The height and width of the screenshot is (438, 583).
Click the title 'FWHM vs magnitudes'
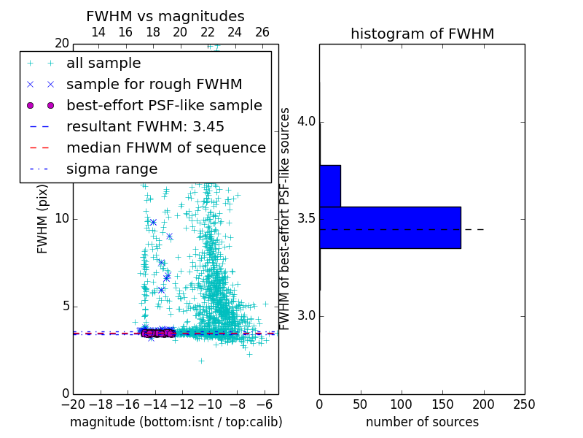(x=165, y=17)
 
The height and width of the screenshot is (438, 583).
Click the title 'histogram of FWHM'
(x=422, y=34)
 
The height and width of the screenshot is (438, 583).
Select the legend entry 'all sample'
(x=103, y=64)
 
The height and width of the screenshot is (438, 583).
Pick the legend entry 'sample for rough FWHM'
(x=154, y=85)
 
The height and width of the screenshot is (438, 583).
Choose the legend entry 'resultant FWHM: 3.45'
(x=145, y=126)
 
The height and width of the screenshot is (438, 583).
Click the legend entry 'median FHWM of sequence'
(x=165, y=147)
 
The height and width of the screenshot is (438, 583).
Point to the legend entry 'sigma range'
(x=111, y=169)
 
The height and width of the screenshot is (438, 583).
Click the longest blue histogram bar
(x=390, y=228)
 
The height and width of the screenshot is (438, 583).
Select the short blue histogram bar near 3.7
(x=330, y=185)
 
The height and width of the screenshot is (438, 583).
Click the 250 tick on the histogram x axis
(x=524, y=404)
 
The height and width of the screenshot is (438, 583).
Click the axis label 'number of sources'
(x=422, y=422)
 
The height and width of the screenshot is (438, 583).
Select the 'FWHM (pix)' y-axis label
(x=43, y=228)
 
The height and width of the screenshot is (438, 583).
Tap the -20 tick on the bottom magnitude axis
(x=73, y=404)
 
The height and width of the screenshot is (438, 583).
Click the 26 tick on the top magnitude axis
(x=262, y=32)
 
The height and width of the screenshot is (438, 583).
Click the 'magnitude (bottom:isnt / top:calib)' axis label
(x=176, y=422)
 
